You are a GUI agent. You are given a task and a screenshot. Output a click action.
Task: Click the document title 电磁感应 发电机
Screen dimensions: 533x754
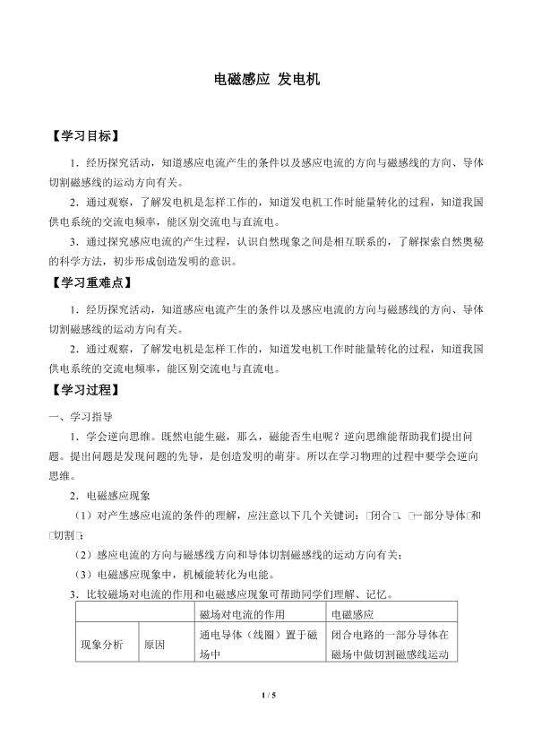click(266, 79)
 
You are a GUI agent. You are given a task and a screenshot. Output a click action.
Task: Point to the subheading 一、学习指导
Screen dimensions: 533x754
click(80, 416)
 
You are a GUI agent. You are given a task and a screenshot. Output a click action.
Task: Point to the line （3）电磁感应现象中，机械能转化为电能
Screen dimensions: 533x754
click(187, 574)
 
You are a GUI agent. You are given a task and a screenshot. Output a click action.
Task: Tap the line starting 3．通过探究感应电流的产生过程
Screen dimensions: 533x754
click(279, 242)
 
